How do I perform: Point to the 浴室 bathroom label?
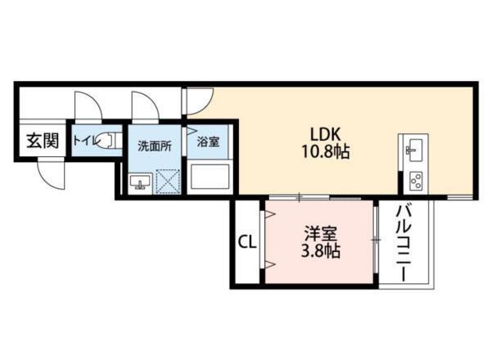tap(208, 142)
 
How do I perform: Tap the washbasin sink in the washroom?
tap(137, 182)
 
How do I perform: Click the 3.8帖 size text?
tap(319, 250)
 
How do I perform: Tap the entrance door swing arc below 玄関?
tap(49, 173)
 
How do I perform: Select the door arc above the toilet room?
tap(85, 105)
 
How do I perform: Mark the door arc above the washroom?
tap(146, 105)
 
